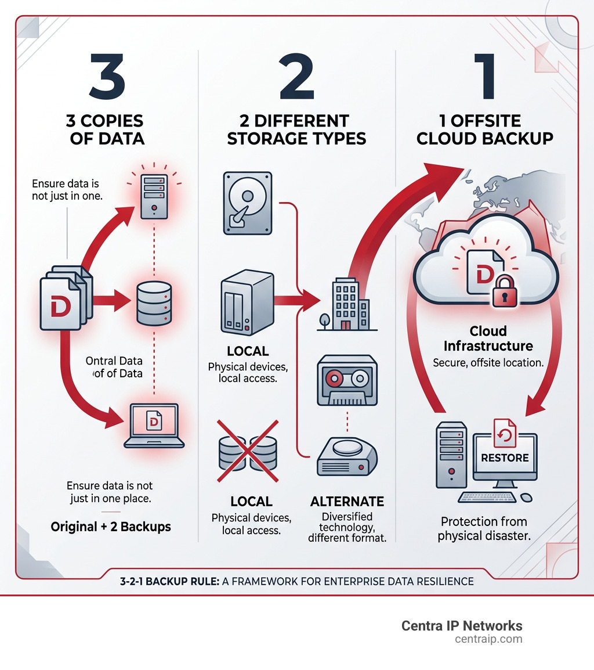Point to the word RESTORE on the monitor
pyautogui.click(x=505, y=458)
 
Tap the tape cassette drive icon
pyautogui.click(x=346, y=381)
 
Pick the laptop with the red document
pyautogui.click(x=154, y=426)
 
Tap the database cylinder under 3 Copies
pyautogui.click(x=154, y=302)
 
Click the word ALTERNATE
pyautogui.click(x=347, y=502)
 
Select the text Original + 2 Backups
pyautogui.click(x=111, y=527)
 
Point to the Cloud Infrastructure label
pyautogui.click(x=488, y=338)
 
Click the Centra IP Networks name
pyautogui.click(x=462, y=626)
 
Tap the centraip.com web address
pyautogui.click(x=488, y=639)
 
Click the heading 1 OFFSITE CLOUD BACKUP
pyautogui.click(x=484, y=130)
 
